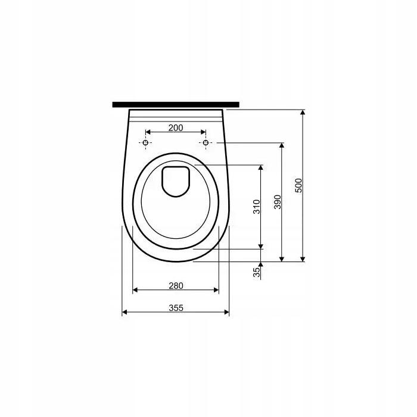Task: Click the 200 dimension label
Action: (176, 128)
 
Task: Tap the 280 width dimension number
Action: (176, 285)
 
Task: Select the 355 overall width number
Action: (176, 308)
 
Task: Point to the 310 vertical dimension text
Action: (257, 207)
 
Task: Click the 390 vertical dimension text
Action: (278, 202)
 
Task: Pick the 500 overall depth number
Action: (299, 185)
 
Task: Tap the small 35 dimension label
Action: (257, 272)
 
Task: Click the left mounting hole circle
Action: (145, 143)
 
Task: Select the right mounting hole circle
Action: (206, 143)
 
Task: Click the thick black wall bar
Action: (176, 104)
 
